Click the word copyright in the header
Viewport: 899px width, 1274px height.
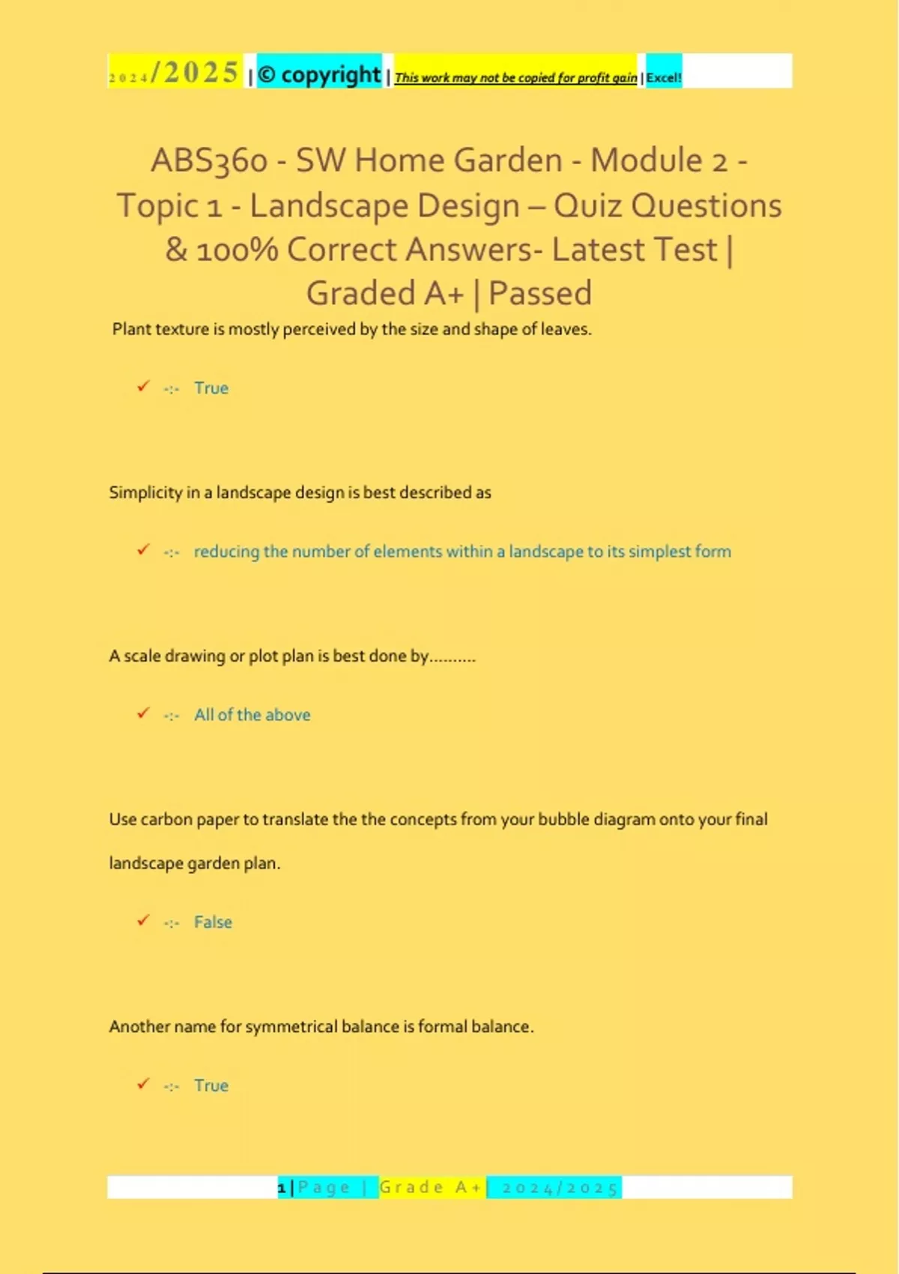click(x=330, y=75)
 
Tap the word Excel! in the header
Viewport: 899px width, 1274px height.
click(x=664, y=77)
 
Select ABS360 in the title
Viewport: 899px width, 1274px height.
click(x=209, y=161)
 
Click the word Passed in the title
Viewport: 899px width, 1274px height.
click(x=539, y=294)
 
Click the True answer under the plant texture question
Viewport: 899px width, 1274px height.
click(x=211, y=388)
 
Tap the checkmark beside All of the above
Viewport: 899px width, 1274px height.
click(x=143, y=713)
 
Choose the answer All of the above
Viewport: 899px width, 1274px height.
click(x=252, y=715)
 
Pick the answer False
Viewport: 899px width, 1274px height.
click(x=213, y=923)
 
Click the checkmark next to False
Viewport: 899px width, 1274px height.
click(x=143, y=920)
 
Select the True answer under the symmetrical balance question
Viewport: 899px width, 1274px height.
click(x=211, y=1086)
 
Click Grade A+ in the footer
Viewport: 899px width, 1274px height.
click(x=431, y=1188)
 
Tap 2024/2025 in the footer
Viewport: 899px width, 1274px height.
click(x=560, y=1189)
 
